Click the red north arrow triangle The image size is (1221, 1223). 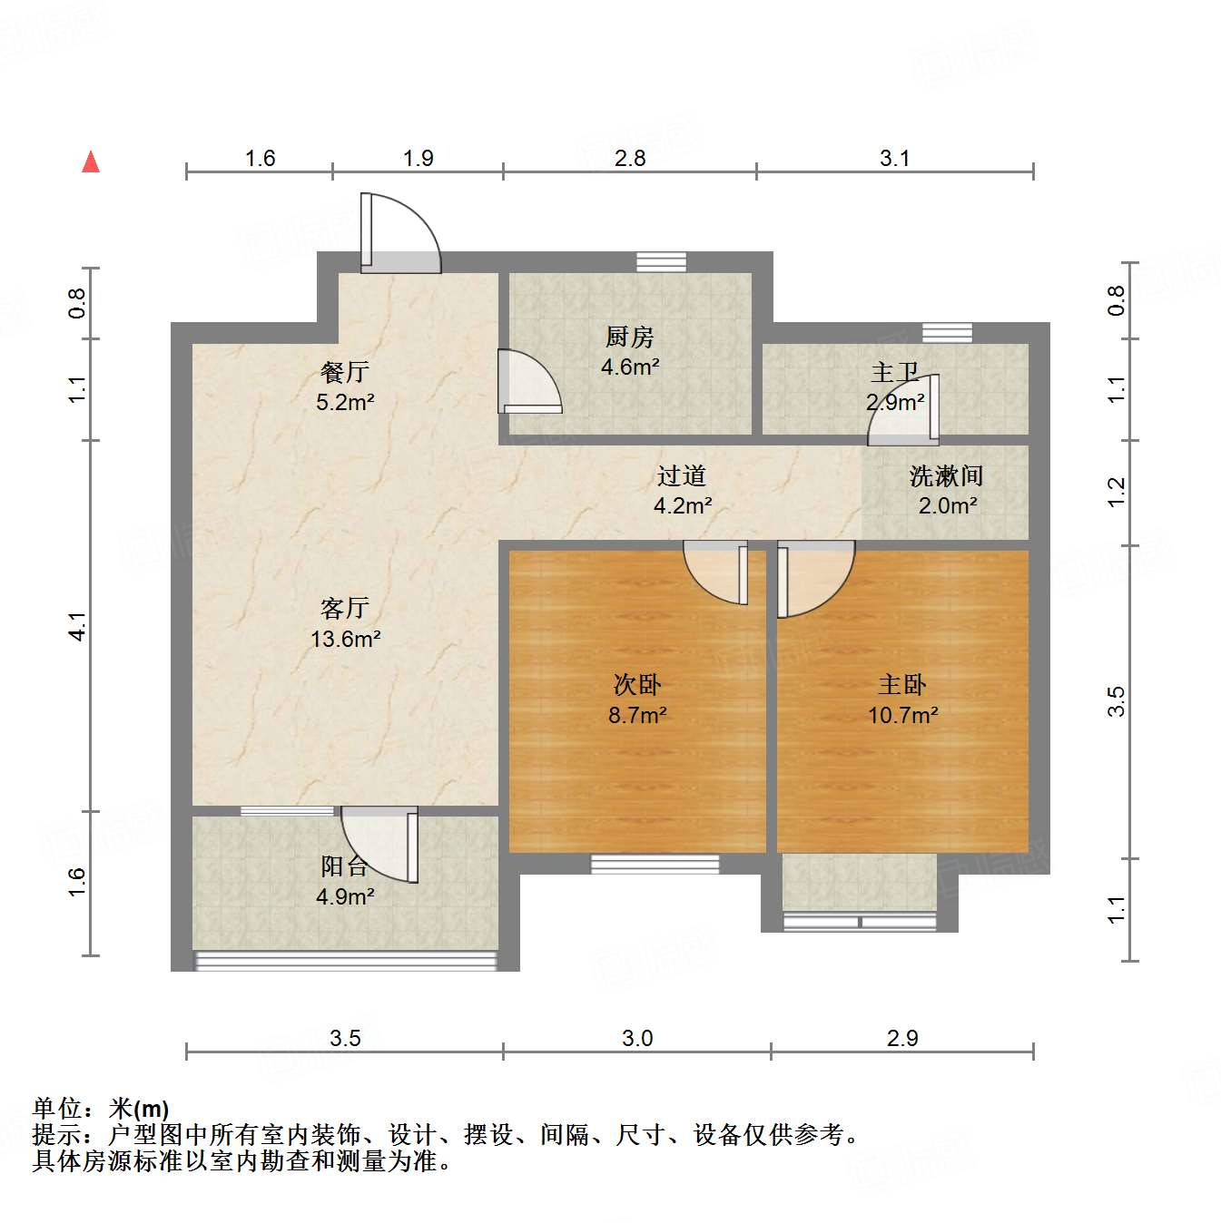[x=91, y=162]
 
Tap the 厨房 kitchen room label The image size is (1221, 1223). [x=629, y=338]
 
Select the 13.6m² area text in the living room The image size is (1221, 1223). [x=345, y=639]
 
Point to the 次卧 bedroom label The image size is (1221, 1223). [x=636, y=684]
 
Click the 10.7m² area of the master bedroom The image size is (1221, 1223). [x=902, y=715]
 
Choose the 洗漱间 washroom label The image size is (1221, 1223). [x=946, y=475]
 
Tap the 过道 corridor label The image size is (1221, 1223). [x=681, y=475]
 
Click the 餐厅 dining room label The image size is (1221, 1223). [x=344, y=372]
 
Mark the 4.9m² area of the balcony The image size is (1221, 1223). [x=345, y=896]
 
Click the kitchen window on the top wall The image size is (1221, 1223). [x=661, y=262]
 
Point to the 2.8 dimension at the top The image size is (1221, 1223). [x=629, y=158]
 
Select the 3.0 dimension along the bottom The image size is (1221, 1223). [x=637, y=1038]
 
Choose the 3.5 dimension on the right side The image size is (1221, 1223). [x=1116, y=701]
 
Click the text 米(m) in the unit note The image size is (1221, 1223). [x=139, y=1109]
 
